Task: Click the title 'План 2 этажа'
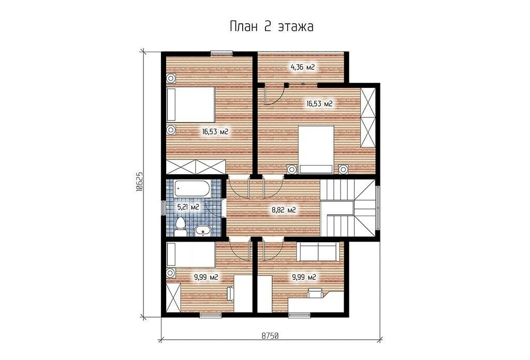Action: tap(271, 27)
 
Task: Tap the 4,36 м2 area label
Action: tap(303, 67)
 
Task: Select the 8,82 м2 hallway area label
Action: tap(284, 211)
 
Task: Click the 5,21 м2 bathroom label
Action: tap(188, 207)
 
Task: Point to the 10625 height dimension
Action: tap(140, 183)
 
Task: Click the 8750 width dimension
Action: tap(270, 336)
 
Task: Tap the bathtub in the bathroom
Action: tap(193, 189)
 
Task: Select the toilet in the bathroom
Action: tap(181, 227)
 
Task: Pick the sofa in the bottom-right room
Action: tap(318, 251)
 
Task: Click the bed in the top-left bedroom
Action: tap(191, 104)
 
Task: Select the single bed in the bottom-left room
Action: tap(191, 254)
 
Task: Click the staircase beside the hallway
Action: tap(348, 208)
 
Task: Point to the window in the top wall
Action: tap(222, 53)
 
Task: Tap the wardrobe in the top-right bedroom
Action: tap(368, 117)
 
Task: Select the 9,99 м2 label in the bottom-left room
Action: tap(206, 278)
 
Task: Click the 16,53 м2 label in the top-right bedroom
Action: tap(319, 103)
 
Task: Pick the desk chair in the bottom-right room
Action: tap(315, 292)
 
